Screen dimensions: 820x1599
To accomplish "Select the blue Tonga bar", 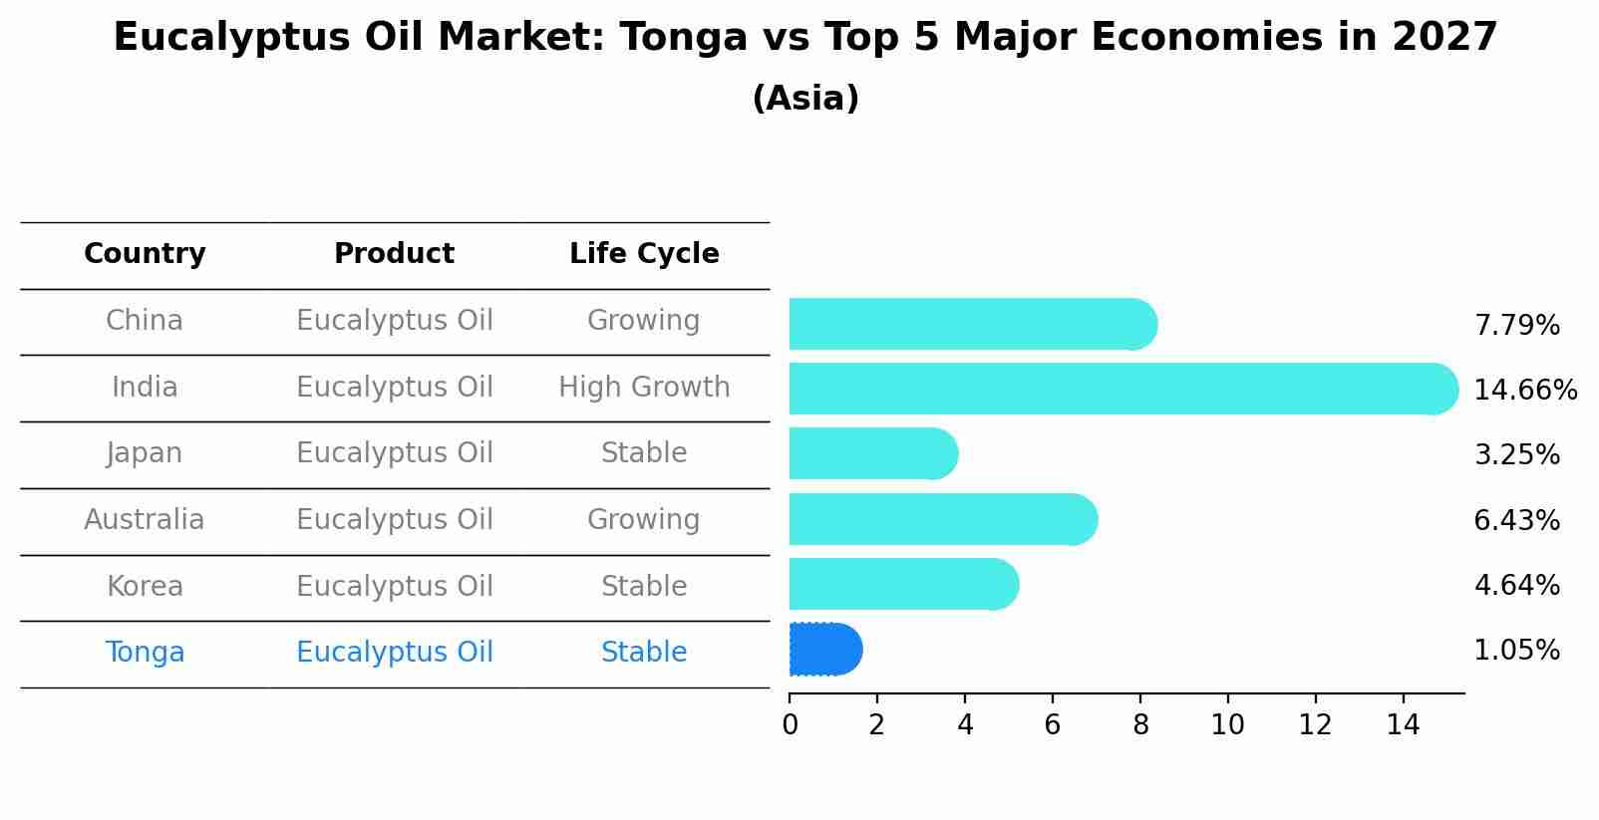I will (824, 650).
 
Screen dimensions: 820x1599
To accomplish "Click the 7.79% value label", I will (1516, 326).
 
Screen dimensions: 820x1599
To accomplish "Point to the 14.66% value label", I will (1524, 391).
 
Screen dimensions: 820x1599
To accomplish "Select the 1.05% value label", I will (1516, 651).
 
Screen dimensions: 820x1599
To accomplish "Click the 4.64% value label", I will (1516, 585).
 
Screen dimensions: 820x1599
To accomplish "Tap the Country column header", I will (145, 254).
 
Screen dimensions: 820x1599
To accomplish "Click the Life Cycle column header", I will (644, 254).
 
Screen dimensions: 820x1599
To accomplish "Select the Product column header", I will (394, 254).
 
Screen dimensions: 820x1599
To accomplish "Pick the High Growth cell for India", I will (644, 387).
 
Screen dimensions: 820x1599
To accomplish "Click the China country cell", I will (145, 321).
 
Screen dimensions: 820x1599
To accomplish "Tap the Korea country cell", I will (145, 586).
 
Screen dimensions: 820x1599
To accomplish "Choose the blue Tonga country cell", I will (145, 653).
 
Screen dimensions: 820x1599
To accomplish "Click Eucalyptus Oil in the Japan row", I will (394, 453).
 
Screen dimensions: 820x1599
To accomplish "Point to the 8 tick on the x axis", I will (1140, 724).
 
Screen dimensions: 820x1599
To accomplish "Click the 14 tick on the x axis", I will (1403, 724).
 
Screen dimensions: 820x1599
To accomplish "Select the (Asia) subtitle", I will (805, 99).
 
